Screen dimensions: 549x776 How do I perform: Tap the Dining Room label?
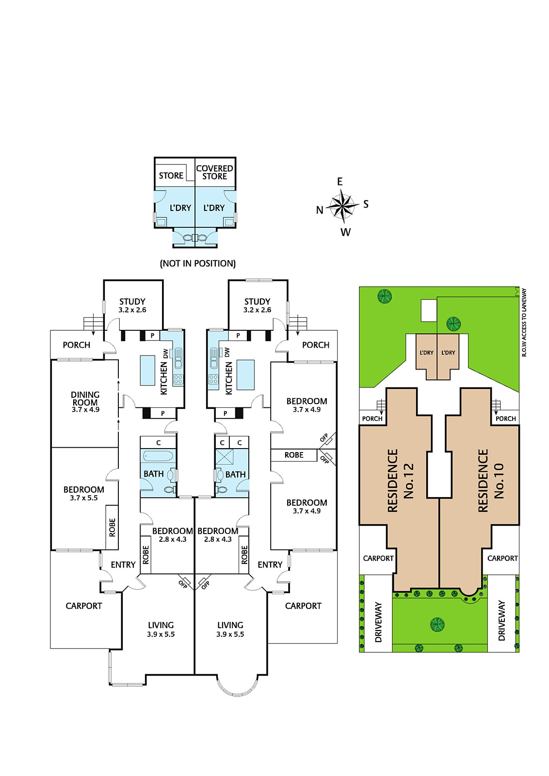[x=85, y=398]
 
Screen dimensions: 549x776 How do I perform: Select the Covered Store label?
[x=214, y=172]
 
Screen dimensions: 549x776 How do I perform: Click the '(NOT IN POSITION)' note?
[x=198, y=264]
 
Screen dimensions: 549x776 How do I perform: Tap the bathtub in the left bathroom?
[x=158, y=455]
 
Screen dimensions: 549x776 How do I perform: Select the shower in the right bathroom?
[x=225, y=456]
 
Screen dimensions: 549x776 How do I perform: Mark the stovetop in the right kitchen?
[x=213, y=379]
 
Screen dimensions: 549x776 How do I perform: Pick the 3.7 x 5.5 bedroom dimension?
[x=84, y=498]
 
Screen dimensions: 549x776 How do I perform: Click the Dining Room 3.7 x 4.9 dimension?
[x=85, y=409]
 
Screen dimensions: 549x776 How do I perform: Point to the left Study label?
[x=132, y=301]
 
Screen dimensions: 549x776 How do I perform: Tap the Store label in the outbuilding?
[x=171, y=176]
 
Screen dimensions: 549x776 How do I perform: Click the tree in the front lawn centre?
[x=437, y=624]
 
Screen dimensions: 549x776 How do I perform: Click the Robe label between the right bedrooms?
[x=294, y=455]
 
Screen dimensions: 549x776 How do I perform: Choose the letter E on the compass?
[x=340, y=181]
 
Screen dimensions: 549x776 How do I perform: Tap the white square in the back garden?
[x=429, y=310]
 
